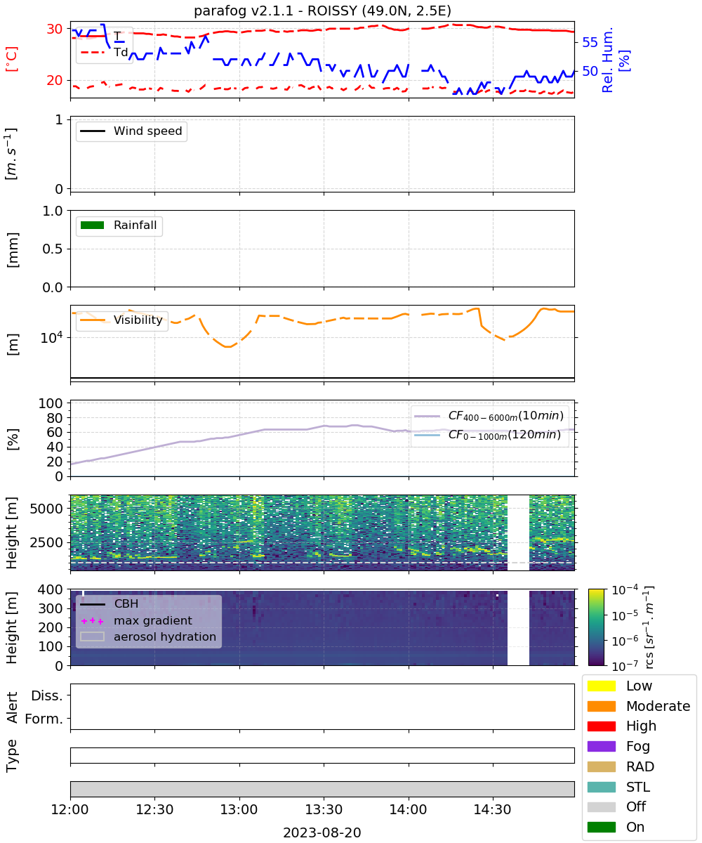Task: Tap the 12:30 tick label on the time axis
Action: point(154,809)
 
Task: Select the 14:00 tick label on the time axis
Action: point(408,809)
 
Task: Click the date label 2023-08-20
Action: point(322,832)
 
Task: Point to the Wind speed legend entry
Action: point(131,131)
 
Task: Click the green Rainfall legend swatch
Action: point(93,225)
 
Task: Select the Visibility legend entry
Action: point(121,320)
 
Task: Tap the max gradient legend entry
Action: point(136,620)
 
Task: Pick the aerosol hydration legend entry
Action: point(148,636)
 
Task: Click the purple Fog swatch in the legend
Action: point(601,746)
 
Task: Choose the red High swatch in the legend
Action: point(601,726)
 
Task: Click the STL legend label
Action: point(638,787)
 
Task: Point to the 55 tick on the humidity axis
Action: point(590,42)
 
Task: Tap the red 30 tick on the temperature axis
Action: point(55,29)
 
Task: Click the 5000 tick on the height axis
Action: point(46,509)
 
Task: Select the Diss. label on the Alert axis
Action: point(47,695)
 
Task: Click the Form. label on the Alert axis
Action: point(44,719)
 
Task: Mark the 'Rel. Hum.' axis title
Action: point(607,60)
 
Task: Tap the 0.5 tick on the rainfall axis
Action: point(53,249)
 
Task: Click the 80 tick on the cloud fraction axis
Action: point(55,418)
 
